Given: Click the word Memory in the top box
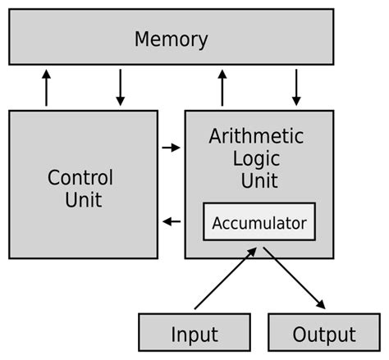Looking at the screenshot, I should point(171,39).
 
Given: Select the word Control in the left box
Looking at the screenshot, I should point(80,177).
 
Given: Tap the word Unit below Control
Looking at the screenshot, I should point(83,199).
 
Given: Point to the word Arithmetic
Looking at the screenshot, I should point(256,136).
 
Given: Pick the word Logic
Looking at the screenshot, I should point(256,158).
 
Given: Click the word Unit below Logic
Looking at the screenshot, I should point(256,180).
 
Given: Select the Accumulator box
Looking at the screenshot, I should point(259,222).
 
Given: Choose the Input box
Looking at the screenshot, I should point(194,335).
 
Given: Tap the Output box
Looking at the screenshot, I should point(323,335).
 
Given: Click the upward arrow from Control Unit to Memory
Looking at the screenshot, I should point(47,87).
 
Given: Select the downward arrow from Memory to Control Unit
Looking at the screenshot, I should point(120,87).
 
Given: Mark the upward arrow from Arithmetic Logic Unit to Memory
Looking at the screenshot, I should point(222,87).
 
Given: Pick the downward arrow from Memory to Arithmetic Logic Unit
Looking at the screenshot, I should point(295,87).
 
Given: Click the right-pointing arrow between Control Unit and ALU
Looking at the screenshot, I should point(171,148).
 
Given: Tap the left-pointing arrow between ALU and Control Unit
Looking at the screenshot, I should point(171,221).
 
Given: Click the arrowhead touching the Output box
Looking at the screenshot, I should point(320,304).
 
